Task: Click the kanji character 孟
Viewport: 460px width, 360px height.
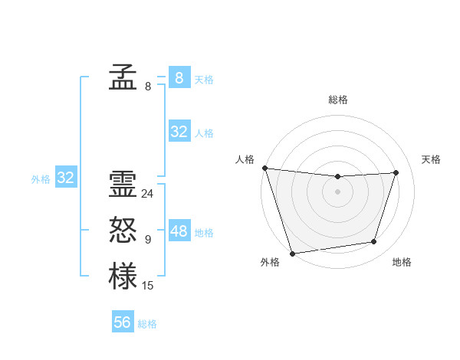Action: (x=123, y=78)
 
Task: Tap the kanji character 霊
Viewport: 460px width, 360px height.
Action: (x=123, y=185)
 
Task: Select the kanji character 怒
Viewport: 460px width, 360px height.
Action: (x=123, y=230)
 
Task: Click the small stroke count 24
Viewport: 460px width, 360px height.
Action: (x=147, y=194)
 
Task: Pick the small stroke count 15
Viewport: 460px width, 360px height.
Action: (x=147, y=286)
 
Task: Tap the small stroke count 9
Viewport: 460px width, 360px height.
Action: (x=147, y=240)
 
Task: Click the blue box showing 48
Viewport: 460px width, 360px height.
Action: (x=179, y=231)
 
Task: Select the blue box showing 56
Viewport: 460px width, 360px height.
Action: (x=123, y=322)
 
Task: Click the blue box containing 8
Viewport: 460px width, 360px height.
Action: (x=179, y=78)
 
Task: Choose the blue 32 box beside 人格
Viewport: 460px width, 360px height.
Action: (x=179, y=132)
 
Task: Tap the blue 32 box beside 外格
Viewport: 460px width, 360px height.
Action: (x=66, y=178)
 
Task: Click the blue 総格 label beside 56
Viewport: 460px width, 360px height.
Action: (x=147, y=324)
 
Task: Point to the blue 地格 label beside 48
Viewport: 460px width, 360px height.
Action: (x=204, y=233)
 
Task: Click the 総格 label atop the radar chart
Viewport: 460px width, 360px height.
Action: (x=337, y=100)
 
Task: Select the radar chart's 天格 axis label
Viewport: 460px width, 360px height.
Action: (x=432, y=159)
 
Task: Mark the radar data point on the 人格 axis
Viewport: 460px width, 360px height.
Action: (x=264, y=168)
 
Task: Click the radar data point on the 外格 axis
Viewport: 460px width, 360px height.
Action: (x=292, y=253)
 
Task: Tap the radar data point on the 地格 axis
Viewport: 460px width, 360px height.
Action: (x=374, y=242)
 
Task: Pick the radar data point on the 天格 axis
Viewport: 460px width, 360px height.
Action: (x=396, y=172)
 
